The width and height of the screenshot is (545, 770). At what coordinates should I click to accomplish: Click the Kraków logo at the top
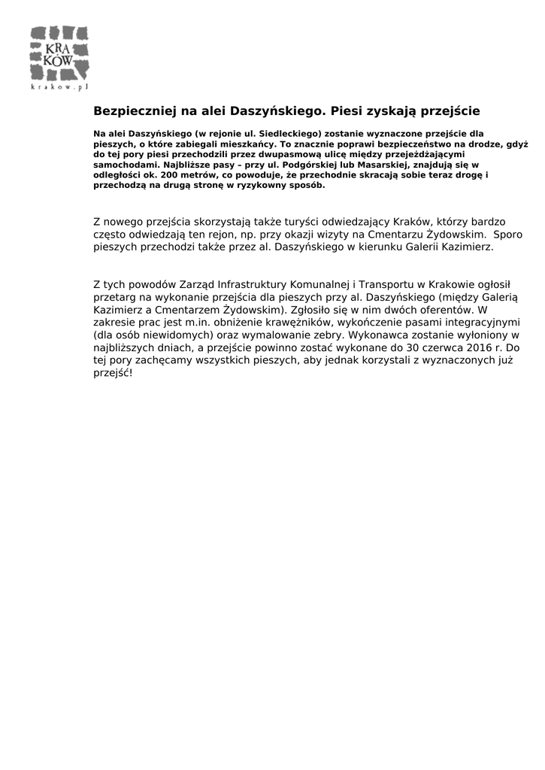pos(59,54)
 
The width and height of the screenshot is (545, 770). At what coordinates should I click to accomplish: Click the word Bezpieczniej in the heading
pos(133,111)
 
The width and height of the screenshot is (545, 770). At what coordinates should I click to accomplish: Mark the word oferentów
pos(443,308)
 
